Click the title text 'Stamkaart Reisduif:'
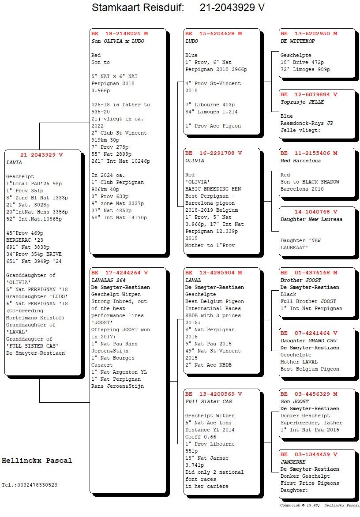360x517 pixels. pos(138,7)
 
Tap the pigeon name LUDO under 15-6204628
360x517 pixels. pos(191,41)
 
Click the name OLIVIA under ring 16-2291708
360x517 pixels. pos(195,161)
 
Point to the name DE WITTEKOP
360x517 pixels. pos(297,41)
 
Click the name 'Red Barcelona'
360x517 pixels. pos(300,161)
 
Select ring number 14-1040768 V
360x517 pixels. pos(316,212)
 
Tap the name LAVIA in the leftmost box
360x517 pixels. pos(14,162)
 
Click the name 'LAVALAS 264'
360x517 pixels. pos(108,280)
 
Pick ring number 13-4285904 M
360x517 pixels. pos(221,273)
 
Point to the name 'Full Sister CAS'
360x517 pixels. pos(208,401)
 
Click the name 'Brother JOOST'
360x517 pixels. pos(300,280)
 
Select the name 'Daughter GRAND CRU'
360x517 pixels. pos(308,341)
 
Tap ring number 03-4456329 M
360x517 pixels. pos(316,394)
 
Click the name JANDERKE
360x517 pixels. pos(293,462)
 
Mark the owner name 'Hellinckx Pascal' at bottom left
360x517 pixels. pos(37,461)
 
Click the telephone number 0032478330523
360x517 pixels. pos(36,485)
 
